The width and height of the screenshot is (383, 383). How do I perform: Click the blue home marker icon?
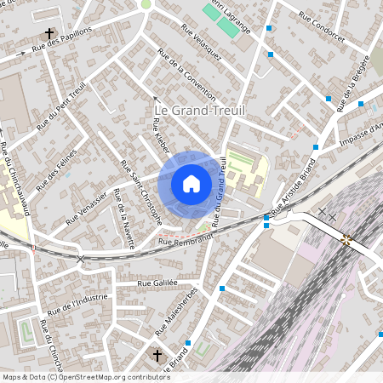coord(191,183)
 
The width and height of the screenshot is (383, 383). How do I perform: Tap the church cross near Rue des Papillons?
coord(49,34)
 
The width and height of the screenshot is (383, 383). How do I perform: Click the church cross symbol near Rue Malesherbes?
coord(157,355)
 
